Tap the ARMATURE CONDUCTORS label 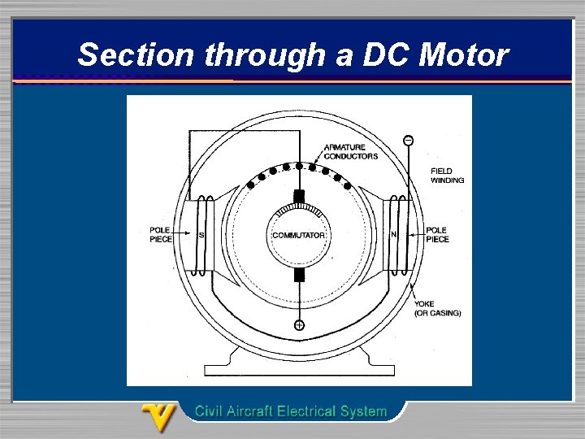click(x=351, y=151)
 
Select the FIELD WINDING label click(x=447, y=176)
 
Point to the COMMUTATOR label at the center click(x=299, y=236)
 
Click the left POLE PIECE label click(x=160, y=234)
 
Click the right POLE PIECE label click(x=437, y=234)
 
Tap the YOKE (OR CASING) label click(x=437, y=308)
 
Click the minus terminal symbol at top click(x=408, y=141)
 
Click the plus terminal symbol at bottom click(x=299, y=325)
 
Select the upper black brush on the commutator click(x=299, y=196)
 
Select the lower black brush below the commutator click(x=299, y=275)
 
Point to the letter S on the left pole click(x=201, y=235)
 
